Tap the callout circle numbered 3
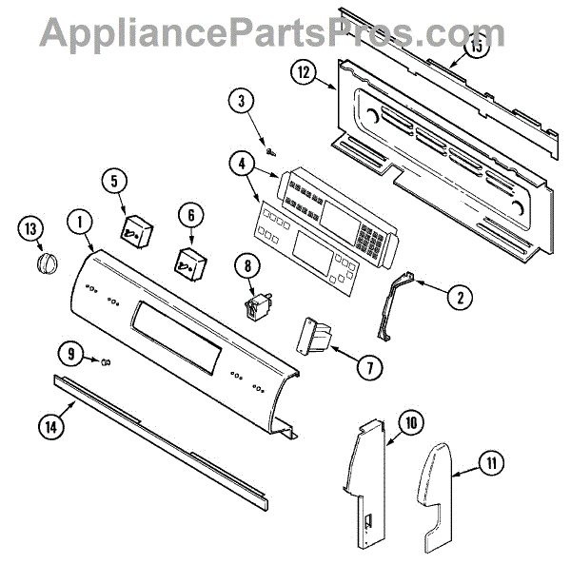(x=242, y=100)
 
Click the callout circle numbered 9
(x=70, y=354)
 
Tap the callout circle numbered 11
(x=489, y=464)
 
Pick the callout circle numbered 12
(x=303, y=71)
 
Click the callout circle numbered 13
(x=32, y=228)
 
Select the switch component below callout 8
(x=255, y=307)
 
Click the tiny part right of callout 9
(x=106, y=360)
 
